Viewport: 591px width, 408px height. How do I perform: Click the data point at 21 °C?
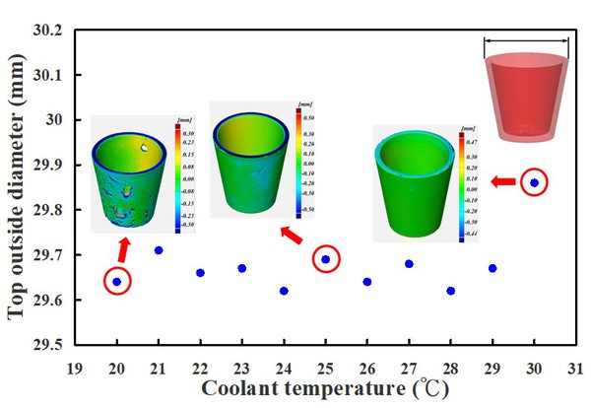[x=159, y=250]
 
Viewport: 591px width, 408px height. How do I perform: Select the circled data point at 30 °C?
[x=534, y=182]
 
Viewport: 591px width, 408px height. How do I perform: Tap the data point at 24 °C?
[x=284, y=291]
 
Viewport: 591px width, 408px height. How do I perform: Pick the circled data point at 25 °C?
[x=326, y=259]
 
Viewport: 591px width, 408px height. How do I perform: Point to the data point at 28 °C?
[x=450, y=291]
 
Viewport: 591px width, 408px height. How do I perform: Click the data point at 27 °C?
[x=409, y=263]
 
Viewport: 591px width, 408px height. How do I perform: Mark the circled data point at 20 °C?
[x=117, y=282]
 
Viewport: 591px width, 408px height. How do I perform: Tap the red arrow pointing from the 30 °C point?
[x=502, y=181]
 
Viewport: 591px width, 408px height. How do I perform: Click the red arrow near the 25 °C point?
[x=292, y=236]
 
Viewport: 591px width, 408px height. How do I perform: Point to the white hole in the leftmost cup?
[x=146, y=147]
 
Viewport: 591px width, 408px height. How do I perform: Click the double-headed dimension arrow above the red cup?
[x=527, y=41]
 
